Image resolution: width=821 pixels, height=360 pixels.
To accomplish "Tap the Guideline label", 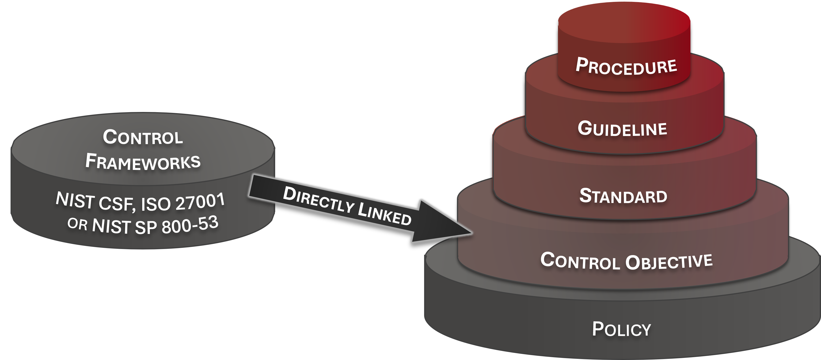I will (x=622, y=129).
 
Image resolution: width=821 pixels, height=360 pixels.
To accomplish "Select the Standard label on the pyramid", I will (x=623, y=196).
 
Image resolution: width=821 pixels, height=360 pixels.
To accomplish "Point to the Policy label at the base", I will (x=621, y=329).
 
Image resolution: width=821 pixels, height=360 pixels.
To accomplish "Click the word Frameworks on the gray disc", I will (x=143, y=161).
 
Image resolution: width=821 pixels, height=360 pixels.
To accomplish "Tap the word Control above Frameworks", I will (x=143, y=137).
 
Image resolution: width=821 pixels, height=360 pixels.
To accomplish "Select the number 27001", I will (x=200, y=202).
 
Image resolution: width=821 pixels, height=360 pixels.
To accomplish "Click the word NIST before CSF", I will (x=75, y=200).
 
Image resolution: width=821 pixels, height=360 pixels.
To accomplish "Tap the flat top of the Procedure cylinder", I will (x=624, y=24).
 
